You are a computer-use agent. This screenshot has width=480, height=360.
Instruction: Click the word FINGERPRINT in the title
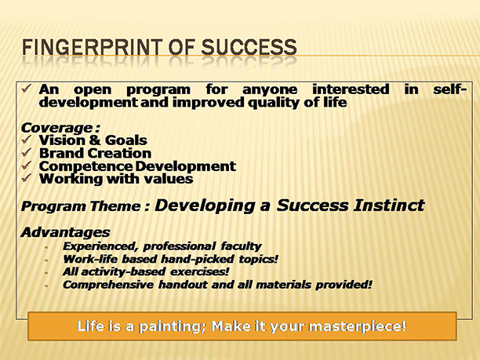pyautogui.click(x=92, y=47)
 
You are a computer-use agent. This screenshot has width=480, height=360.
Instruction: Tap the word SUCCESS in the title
pyautogui.click(x=249, y=47)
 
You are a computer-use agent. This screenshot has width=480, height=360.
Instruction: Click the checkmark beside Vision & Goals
pyautogui.click(x=27, y=140)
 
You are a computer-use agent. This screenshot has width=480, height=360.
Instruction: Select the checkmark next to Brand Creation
pyautogui.click(x=27, y=152)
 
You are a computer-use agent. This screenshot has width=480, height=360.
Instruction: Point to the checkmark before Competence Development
pyautogui.click(x=27, y=165)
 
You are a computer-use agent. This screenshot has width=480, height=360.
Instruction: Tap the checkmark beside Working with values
pyautogui.click(x=27, y=178)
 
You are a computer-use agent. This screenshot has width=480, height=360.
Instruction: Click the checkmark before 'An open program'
pyautogui.click(x=27, y=89)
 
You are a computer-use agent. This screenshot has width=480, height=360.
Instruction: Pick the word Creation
pyautogui.click(x=121, y=153)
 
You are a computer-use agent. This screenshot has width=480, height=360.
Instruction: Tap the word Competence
pyautogui.click(x=85, y=167)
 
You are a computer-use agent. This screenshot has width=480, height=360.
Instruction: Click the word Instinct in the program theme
pyautogui.click(x=389, y=205)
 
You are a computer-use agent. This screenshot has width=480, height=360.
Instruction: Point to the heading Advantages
pyautogui.click(x=66, y=232)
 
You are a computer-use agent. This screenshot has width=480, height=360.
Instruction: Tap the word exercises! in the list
pyautogui.click(x=199, y=272)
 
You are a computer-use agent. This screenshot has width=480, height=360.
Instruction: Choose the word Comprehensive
pyautogui.click(x=108, y=285)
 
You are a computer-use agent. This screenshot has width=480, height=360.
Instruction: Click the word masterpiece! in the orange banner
pyautogui.click(x=358, y=326)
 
